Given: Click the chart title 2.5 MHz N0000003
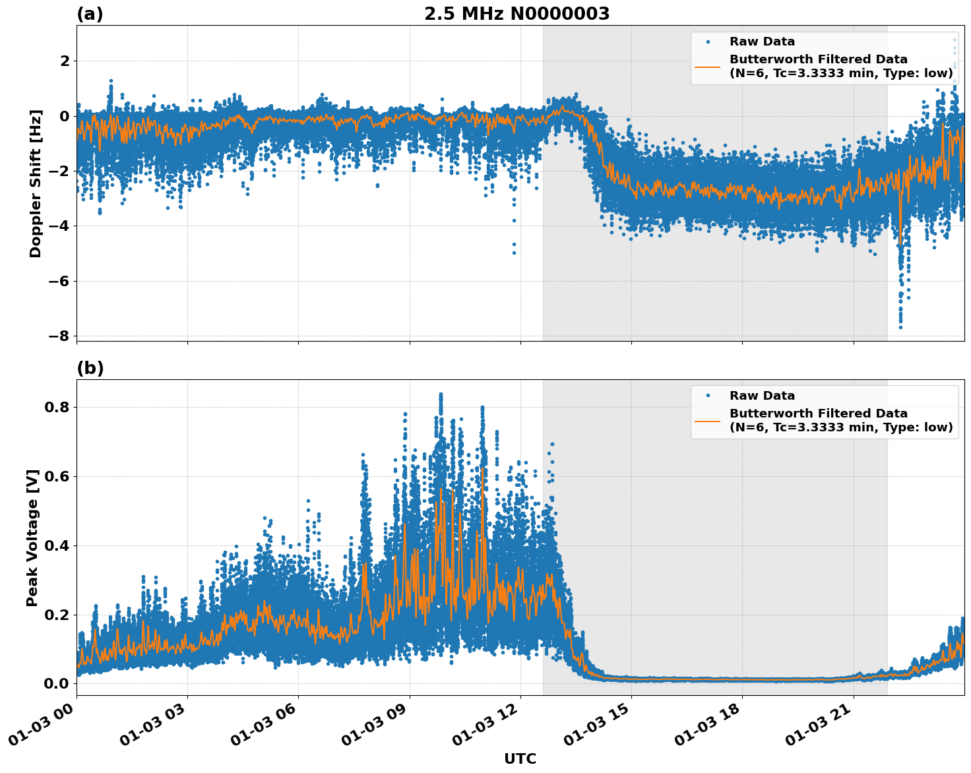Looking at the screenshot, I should [x=517, y=14].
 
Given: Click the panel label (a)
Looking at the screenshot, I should [x=90, y=14].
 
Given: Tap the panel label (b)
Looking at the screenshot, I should [x=90, y=368].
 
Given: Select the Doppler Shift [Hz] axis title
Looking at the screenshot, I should [x=36, y=183].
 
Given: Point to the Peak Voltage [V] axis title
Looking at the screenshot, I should [x=32, y=538].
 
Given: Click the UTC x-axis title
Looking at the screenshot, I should [x=520, y=758].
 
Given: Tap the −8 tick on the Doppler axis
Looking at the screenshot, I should [x=59, y=336].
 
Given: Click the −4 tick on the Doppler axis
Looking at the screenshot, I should [x=59, y=226].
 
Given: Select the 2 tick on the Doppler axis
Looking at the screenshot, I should [x=65, y=61].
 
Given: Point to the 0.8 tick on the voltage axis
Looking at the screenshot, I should [x=56, y=407].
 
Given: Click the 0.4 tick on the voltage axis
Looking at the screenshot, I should [x=56, y=545].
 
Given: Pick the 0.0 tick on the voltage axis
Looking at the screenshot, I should [x=56, y=683].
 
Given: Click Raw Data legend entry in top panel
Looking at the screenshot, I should [x=762, y=42].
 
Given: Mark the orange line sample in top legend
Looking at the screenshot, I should [x=707, y=66].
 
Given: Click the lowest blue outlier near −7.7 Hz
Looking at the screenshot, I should [x=900, y=327].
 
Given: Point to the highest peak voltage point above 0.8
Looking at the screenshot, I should [x=441, y=394].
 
